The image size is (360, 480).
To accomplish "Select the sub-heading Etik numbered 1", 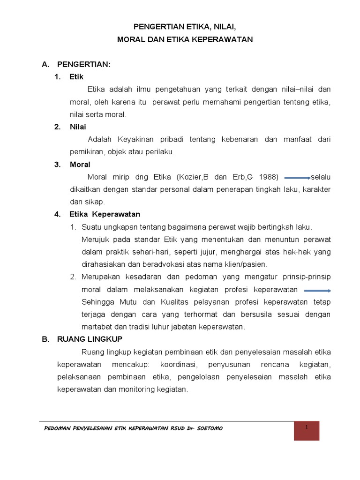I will (x=76, y=77).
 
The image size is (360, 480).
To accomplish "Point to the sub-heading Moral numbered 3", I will (x=80, y=165).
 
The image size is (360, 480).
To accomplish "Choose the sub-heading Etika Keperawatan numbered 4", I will (x=105, y=214).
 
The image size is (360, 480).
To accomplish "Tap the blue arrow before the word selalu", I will (x=297, y=178).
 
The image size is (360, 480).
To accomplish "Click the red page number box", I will (x=306, y=430).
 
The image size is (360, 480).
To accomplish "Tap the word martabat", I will (x=96, y=327).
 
